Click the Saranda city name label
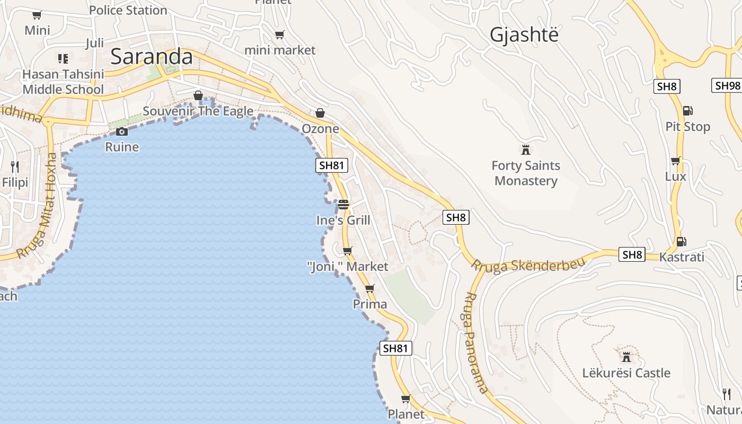coord(151,57)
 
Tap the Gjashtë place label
coord(524,34)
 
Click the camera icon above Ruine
coord(122,131)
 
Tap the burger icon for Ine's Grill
coord(343,204)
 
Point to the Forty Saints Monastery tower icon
coord(526,149)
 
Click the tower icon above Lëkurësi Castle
coord(626,357)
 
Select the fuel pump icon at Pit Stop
coord(687,111)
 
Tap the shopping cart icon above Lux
coord(675,161)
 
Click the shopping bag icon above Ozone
coord(320,113)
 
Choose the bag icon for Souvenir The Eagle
coord(198,95)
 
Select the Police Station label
coord(128,10)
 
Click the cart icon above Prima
coord(369,289)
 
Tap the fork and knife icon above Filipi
coord(15,167)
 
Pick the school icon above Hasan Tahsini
coord(63,58)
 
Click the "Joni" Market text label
coord(348,267)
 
